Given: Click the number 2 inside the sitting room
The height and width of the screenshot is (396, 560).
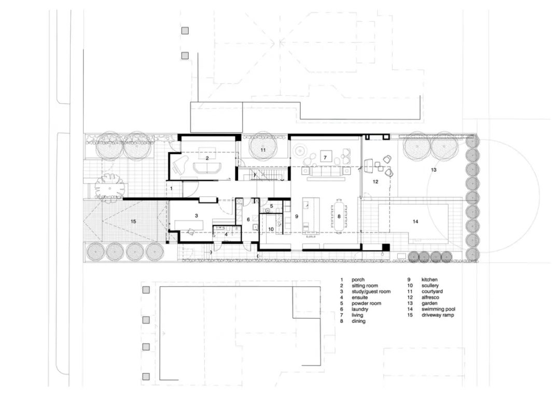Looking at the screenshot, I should tap(207, 158).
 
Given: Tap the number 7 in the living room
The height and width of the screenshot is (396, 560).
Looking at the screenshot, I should tap(325, 157).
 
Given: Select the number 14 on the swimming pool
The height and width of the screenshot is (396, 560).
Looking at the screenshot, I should tap(415, 221).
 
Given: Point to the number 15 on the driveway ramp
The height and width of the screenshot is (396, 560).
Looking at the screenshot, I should tap(133, 221).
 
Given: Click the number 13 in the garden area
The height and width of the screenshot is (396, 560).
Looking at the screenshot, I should tap(433, 169).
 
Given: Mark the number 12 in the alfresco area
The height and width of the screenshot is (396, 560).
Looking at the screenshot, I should tap(375, 181).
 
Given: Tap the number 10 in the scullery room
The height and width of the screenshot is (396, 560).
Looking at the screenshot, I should tap(271, 229).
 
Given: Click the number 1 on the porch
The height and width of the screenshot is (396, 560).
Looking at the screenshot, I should tap(172, 189).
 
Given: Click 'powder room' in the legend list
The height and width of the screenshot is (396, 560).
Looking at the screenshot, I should tap(366, 303).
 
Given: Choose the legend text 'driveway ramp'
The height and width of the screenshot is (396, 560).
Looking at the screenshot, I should tap(438, 315).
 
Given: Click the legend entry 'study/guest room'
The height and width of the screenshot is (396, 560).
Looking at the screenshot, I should tap(371, 291).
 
